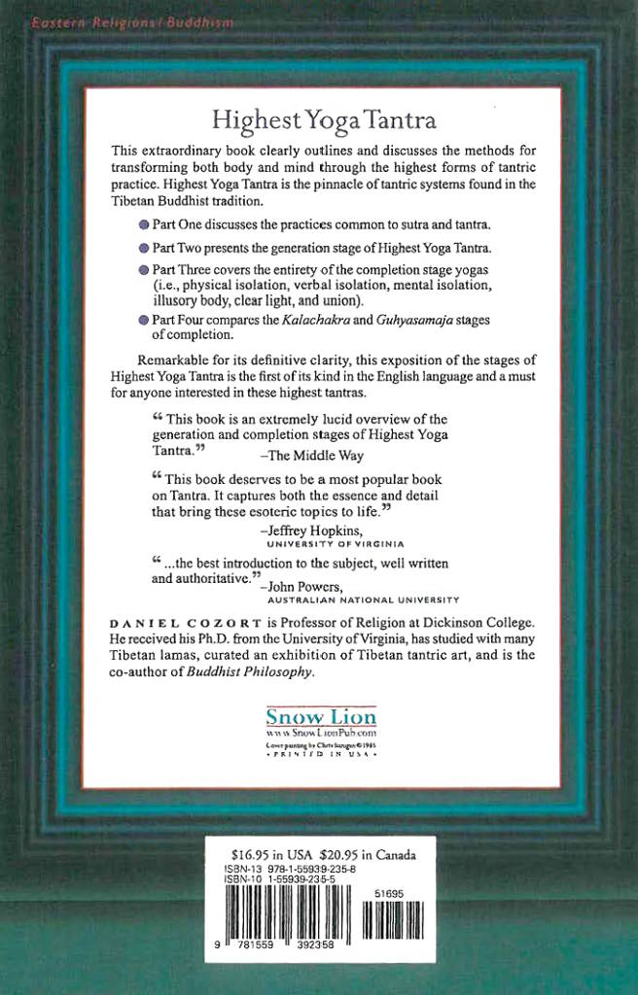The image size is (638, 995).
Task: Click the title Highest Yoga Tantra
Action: point(324,120)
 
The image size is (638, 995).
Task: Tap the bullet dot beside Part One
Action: point(144,224)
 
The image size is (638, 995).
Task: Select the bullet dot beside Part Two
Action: point(144,248)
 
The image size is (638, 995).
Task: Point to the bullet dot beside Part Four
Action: point(144,320)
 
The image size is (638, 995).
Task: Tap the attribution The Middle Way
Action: point(313,456)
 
